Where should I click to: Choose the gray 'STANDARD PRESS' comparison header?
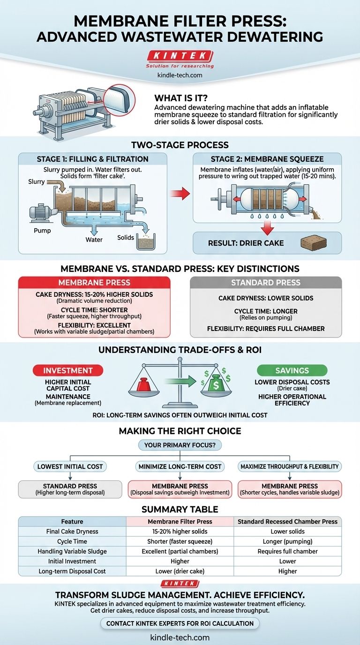pyautogui.click(x=266, y=283)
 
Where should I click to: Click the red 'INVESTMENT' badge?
pyautogui.click(x=68, y=370)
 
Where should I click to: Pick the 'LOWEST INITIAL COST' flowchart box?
pyautogui.click(x=69, y=466)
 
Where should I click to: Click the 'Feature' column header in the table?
pyautogui.click(x=72, y=521)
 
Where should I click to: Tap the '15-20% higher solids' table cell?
pyautogui.click(x=180, y=532)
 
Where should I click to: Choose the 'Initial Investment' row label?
pyautogui.click(x=72, y=561)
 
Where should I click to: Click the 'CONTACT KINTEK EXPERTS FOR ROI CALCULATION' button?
pyautogui.click(x=180, y=623)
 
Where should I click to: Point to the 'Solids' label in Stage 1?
pyautogui.click(x=126, y=238)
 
